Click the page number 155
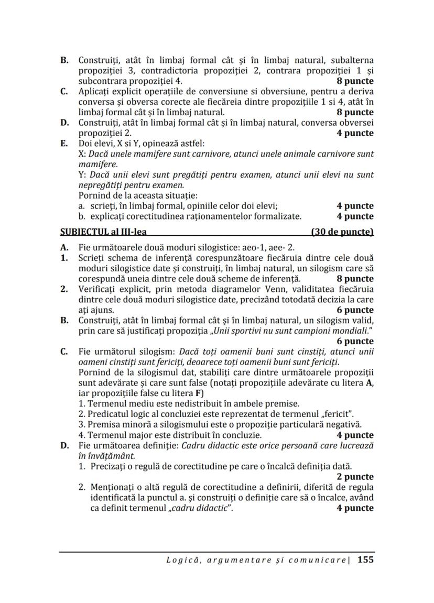pos(365,560)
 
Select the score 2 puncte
pos(355,477)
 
